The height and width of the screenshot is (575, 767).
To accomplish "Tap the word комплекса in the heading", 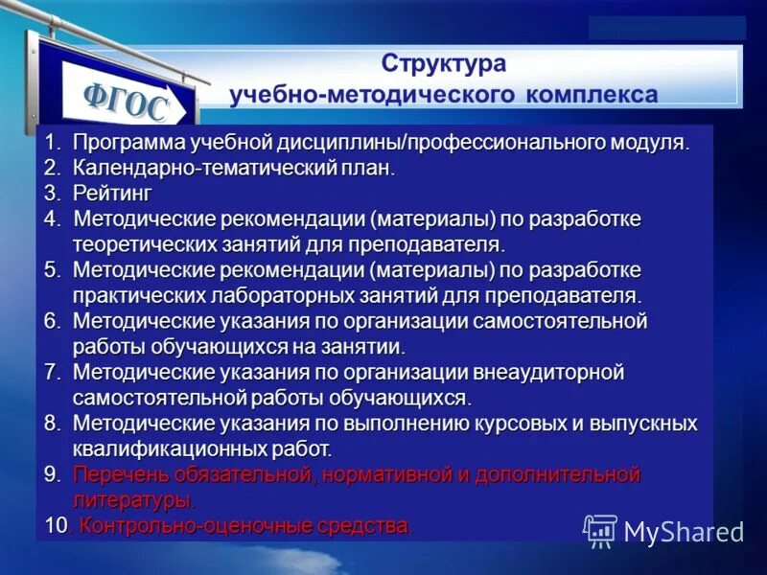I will [591, 95].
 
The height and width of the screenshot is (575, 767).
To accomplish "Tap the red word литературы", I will [133, 499].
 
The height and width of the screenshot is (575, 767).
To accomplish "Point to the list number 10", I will [57, 525].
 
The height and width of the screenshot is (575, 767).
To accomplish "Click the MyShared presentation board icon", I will [600, 531].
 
